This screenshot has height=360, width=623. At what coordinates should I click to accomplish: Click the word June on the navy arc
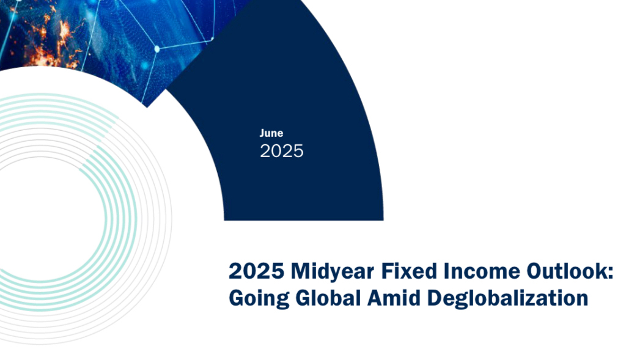click(271, 133)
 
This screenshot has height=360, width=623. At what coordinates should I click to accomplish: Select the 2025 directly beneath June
click(282, 151)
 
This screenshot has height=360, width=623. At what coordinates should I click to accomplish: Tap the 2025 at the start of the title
click(257, 271)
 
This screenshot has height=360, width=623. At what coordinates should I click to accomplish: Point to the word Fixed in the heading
click(409, 271)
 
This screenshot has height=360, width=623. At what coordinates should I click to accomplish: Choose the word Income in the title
click(482, 271)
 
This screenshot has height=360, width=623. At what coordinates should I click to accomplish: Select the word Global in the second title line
click(328, 298)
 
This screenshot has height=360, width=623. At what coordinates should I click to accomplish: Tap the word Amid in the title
click(394, 298)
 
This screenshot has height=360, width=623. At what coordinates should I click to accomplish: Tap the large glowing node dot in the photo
click(157, 49)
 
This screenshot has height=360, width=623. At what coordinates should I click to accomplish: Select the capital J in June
click(263, 133)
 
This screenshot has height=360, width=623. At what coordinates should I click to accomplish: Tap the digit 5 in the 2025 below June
click(298, 152)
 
